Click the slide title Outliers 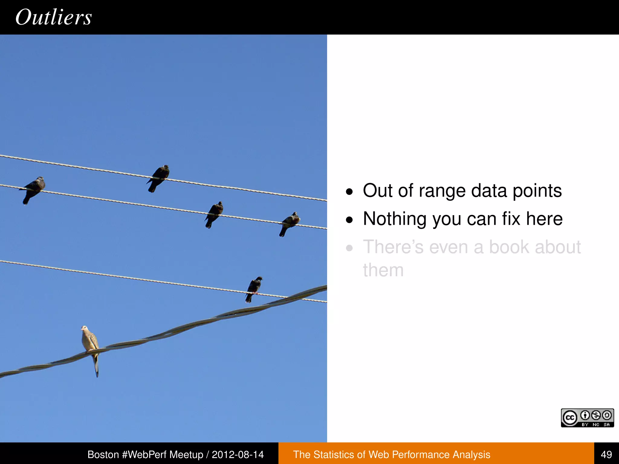click(53, 17)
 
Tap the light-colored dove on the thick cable click(90, 340)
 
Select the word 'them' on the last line click(383, 270)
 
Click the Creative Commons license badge click(587, 418)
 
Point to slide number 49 click(606, 454)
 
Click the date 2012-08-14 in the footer click(238, 454)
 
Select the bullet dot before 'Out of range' click(349, 192)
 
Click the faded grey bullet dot click(349, 248)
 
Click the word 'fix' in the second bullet click(511, 219)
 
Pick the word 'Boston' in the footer click(103, 454)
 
